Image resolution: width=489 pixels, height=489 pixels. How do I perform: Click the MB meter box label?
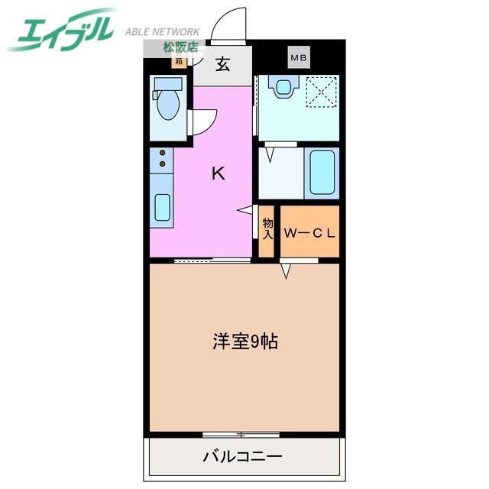coord(299,57)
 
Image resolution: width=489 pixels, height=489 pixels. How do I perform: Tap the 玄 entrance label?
coord(223,64)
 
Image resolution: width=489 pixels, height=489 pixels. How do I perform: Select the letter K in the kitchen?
coord(219,173)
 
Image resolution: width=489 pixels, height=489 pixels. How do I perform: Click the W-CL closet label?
coord(309,233)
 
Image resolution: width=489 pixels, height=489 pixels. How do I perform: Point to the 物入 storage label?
coord(267,228)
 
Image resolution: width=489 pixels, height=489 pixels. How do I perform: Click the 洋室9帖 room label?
coord(245,342)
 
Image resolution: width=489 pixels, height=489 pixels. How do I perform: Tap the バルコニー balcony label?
coord(243,457)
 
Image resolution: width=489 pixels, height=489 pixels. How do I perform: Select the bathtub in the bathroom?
coord(322,173)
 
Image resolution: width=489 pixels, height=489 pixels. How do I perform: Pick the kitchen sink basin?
coord(162,207)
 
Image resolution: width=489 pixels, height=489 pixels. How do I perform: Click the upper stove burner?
coord(163,153)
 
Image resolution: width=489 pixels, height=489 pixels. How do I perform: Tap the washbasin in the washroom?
coord(283,86)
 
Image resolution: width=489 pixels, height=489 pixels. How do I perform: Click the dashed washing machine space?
coord(322,92)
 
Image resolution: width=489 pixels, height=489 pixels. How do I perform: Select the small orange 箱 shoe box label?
coord(179,61)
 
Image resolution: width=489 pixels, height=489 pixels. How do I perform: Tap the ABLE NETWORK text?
coord(163,31)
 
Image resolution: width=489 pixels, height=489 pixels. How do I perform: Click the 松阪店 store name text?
coord(181,47)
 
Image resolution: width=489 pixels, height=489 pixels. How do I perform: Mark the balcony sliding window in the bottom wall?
coord(241,435)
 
